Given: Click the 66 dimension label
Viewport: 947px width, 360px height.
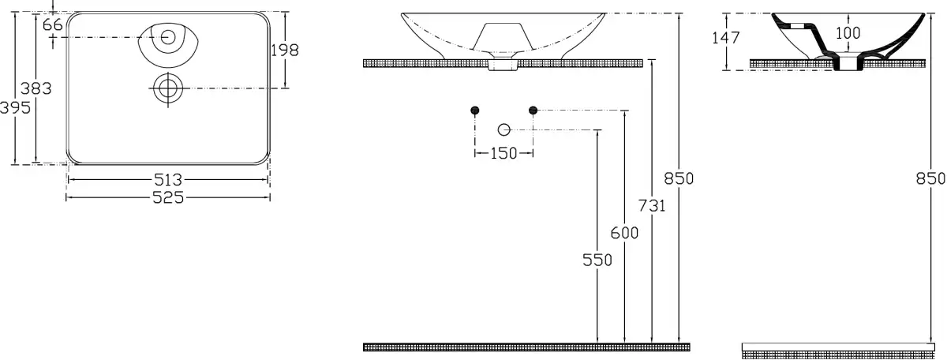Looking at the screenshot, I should coord(53,25).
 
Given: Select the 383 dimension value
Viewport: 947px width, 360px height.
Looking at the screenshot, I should coord(37,89).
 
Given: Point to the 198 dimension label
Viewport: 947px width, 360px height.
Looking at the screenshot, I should coord(285,51).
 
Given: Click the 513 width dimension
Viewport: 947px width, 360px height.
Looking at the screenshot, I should coord(167,181).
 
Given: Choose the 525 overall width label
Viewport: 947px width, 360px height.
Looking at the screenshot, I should coord(167,197).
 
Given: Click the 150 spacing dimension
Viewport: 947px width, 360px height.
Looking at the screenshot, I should coord(503,153).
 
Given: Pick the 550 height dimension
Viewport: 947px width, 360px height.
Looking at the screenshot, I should coord(597,261).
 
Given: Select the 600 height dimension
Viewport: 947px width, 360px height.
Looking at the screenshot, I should coord(625,234).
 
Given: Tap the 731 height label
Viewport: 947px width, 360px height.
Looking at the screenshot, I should coord(652,206).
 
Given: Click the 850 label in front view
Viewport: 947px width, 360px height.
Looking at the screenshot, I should coord(679,178).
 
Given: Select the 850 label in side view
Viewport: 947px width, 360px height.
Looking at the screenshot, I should coord(930,178).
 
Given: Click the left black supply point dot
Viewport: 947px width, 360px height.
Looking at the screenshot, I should coord(475,110).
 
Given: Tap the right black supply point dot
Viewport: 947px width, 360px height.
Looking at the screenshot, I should coord(533,110).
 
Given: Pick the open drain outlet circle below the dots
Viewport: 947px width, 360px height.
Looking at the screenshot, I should coord(504,129).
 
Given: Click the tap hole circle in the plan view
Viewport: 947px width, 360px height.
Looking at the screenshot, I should coord(167,36).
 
